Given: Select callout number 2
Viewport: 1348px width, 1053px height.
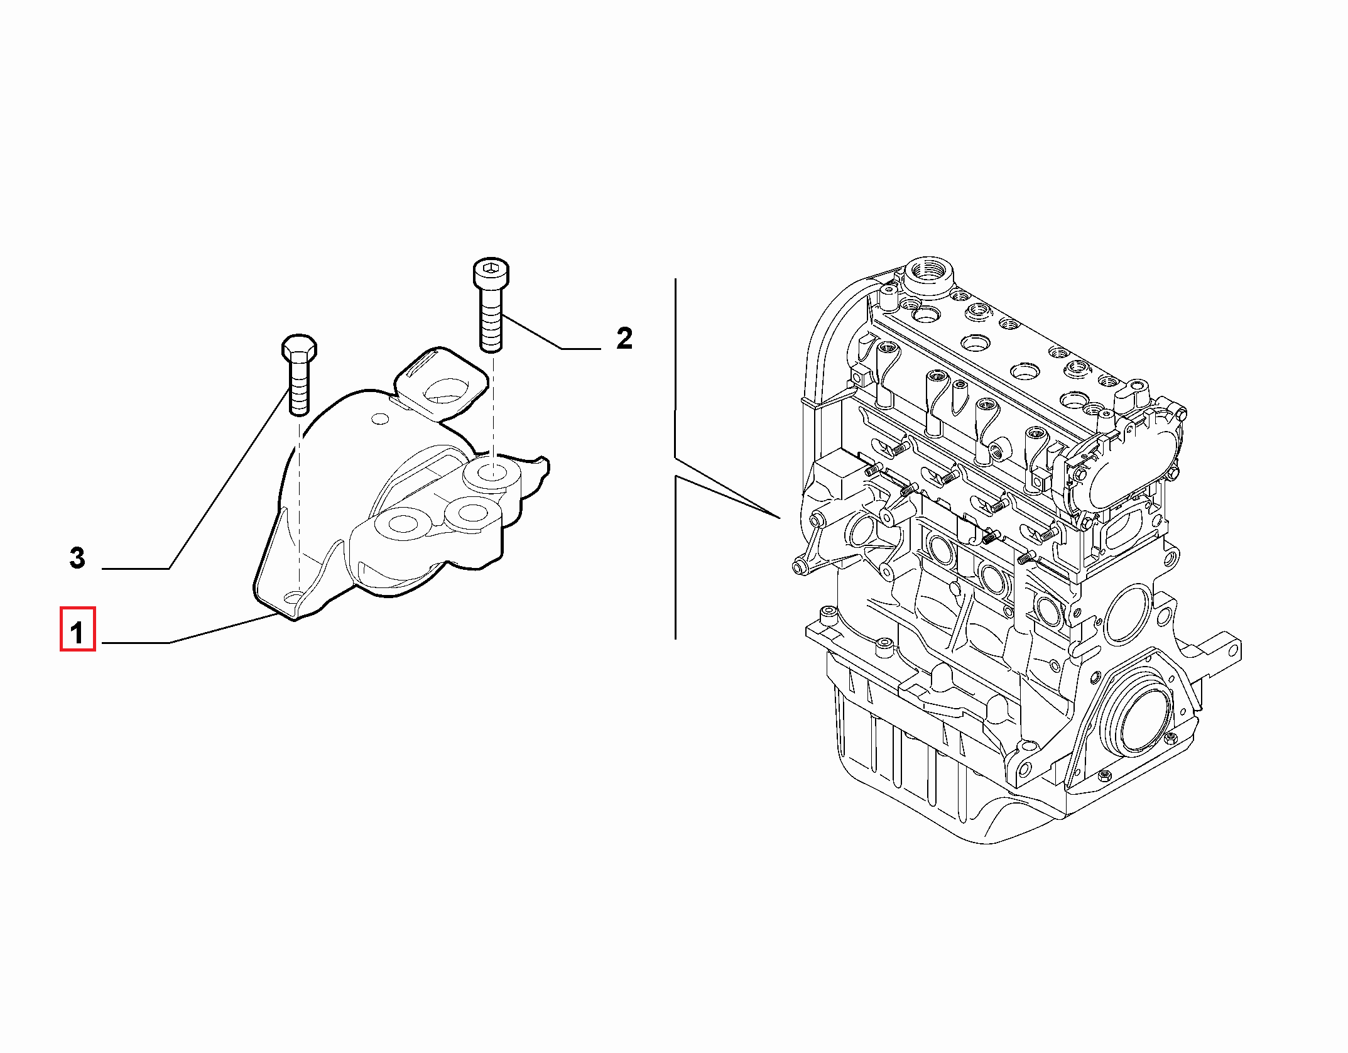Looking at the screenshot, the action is click(x=624, y=338).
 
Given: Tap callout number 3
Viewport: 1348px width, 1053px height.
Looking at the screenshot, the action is click(x=77, y=557).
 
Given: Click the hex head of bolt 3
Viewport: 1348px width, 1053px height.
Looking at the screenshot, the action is click(x=299, y=348).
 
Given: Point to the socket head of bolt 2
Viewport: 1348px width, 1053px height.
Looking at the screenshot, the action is click(x=491, y=273).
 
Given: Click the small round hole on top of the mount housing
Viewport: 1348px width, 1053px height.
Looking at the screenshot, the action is click(x=380, y=418).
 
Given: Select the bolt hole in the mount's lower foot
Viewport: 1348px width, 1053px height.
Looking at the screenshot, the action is click(x=292, y=596).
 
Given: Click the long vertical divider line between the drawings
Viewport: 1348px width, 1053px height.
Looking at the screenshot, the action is click(x=675, y=459).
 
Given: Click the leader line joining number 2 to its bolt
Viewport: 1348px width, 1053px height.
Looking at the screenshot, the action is click(x=550, y=332).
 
